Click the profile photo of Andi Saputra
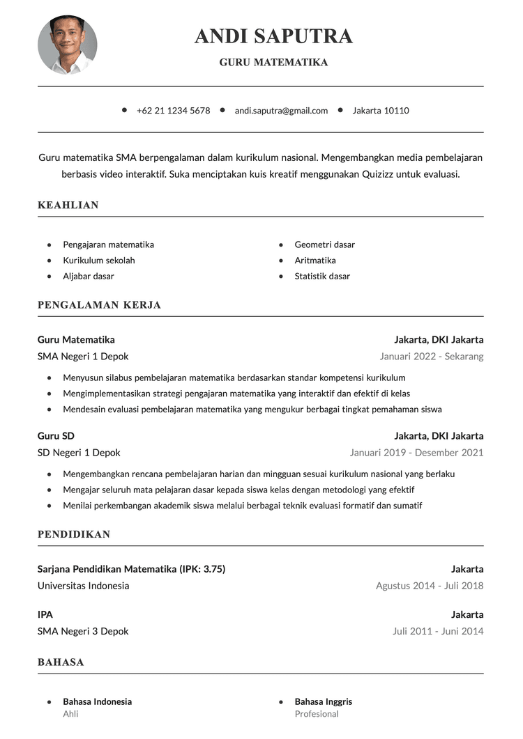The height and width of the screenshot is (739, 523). point(68,45)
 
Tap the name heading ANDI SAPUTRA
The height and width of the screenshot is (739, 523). point(273,36)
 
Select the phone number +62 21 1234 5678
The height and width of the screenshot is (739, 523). point(173,111)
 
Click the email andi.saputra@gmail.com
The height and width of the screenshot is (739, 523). point(281,111)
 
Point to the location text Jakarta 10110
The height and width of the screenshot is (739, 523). point(381,111)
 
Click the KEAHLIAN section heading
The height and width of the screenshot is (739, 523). point(68,205)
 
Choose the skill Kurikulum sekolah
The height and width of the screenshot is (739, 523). point(99,260)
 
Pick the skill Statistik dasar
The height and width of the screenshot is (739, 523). point(322,277)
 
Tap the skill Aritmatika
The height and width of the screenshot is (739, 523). point(315,260)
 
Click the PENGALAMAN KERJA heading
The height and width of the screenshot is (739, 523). point(99,305)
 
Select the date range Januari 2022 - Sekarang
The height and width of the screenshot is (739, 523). point(432,357)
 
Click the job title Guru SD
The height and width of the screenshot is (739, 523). point(56,436)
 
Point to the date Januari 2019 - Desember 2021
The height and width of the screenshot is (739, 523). point(416,453)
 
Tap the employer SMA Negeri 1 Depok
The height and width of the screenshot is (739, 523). point(83,357)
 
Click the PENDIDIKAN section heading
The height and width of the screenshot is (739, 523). point(74,535)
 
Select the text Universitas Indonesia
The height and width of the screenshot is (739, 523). point(83,586)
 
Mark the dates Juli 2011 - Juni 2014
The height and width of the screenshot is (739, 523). point(438,632)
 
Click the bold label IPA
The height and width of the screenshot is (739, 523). point(45,615)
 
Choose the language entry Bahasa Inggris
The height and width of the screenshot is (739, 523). point(324,701)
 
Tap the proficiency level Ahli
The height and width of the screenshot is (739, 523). point(70,714)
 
